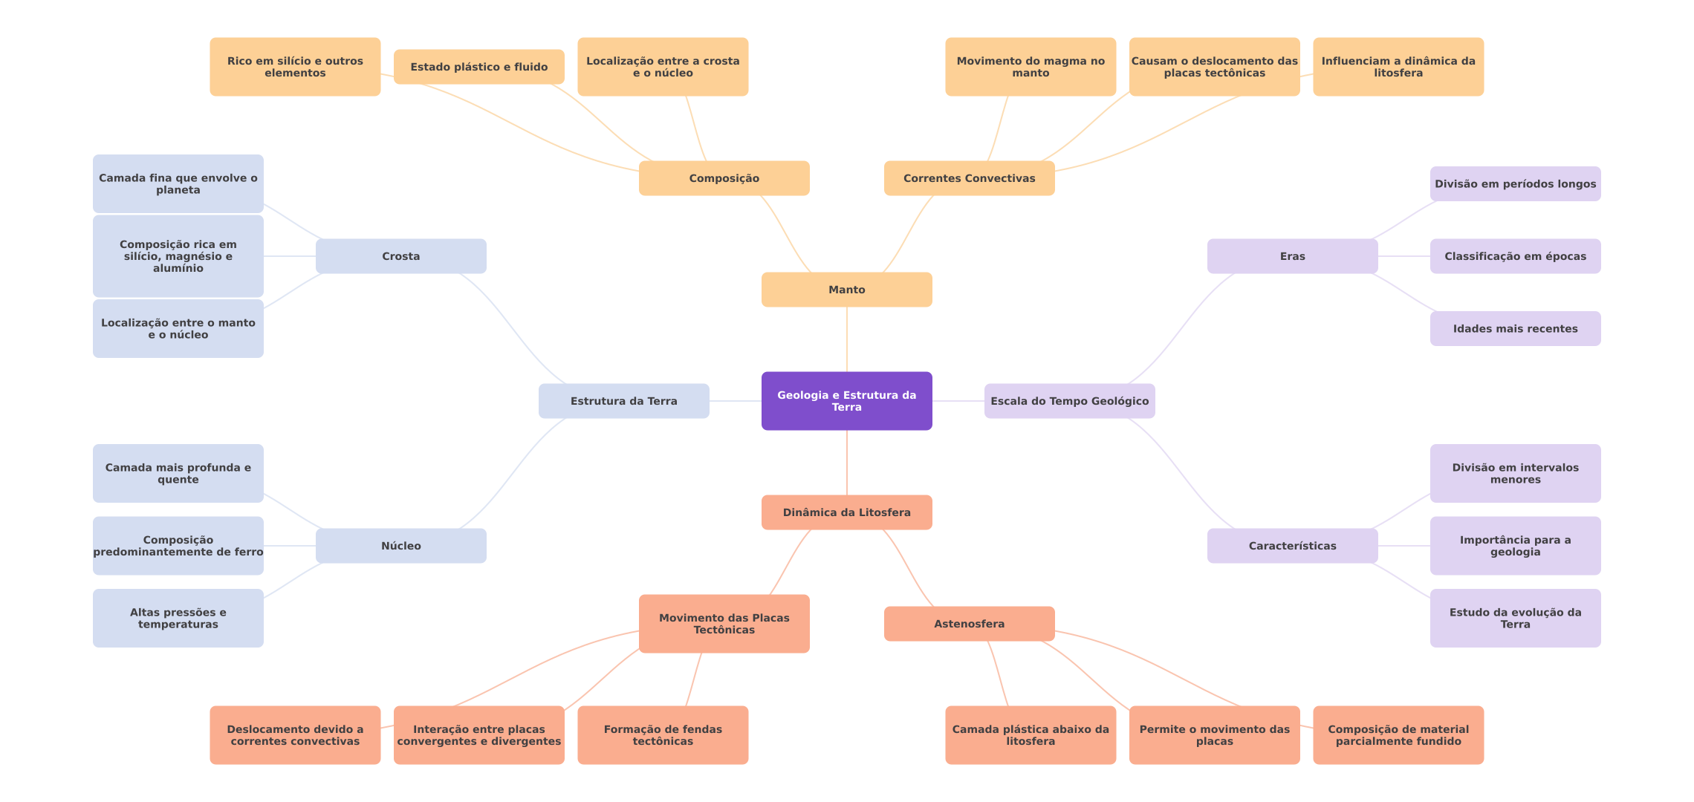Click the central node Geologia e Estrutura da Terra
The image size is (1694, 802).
(846, 401)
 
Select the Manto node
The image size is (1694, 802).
(846, 290)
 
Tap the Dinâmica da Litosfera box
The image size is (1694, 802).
(846, 512)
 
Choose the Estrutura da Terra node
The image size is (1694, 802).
(623, 401)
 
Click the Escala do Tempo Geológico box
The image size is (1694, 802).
(1069, 401)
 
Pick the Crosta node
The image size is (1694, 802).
(400, 256)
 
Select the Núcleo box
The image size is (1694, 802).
(400, 546)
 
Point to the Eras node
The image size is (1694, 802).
(1292, 256)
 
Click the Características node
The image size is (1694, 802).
(1292, 546)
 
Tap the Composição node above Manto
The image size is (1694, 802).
(724, 178)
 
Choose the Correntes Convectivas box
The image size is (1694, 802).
(969, 178)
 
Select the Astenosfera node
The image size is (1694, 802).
(969, 624)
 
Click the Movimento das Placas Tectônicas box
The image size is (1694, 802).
(724, 624)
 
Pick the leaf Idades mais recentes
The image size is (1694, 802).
(1515, 329)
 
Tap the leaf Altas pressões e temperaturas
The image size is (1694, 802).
(178, 619)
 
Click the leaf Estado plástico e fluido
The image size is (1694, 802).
(478, 67)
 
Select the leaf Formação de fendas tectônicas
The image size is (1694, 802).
(663, 735)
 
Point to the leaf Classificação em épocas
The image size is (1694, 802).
(1515, 256)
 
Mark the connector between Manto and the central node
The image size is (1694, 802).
(847, 339)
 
